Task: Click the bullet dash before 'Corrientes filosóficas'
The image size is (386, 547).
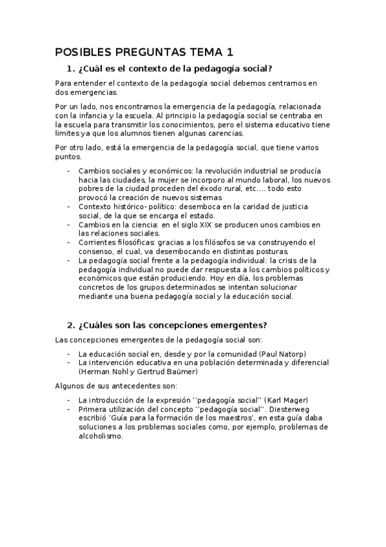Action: (x=69, y=242)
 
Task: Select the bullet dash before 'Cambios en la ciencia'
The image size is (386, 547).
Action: (x=69, y=224)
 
